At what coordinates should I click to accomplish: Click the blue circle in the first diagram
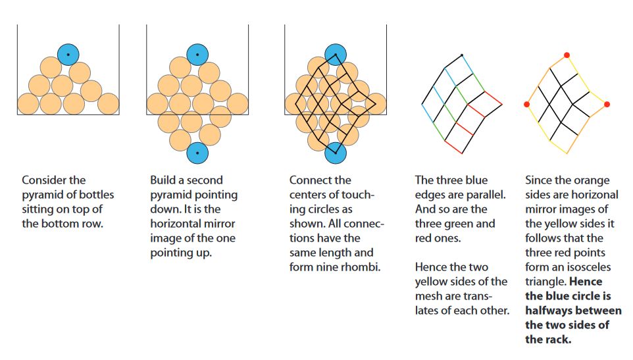(68, 54)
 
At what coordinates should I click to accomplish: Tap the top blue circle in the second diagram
(197, 54)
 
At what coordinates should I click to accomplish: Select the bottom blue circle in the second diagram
(197, 153)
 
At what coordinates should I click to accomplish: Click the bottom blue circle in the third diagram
(335, 153)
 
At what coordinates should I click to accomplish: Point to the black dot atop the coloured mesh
(462, 55)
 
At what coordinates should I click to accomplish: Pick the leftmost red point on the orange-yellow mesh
(526, 104)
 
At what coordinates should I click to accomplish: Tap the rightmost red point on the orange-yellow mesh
(607, 104)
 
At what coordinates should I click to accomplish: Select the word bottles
(98, 194)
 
